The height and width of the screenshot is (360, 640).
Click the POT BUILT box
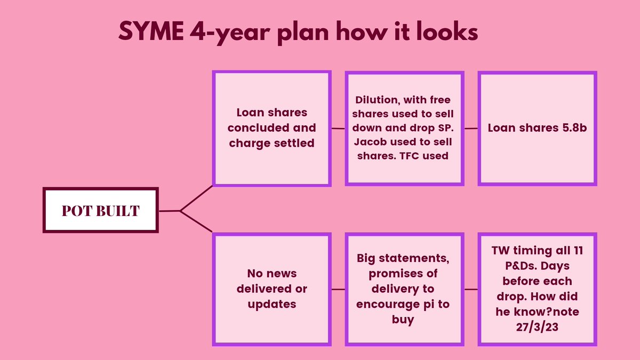click(100, 210)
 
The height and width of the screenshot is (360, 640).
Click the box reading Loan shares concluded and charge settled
click(271, 128)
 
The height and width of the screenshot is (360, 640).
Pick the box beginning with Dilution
click(403, 128)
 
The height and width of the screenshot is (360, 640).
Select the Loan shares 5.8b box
click(537, 128)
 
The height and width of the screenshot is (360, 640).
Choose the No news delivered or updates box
click(271, 289)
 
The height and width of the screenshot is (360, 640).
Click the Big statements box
click(403, 289)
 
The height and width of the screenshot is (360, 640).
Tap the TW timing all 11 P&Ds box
click(537, 289)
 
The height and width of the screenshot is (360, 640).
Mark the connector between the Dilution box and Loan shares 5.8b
click(470, 128)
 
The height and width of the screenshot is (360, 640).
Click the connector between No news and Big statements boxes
click(338, 289)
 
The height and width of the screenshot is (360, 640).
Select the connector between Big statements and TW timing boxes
click(470, 289)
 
